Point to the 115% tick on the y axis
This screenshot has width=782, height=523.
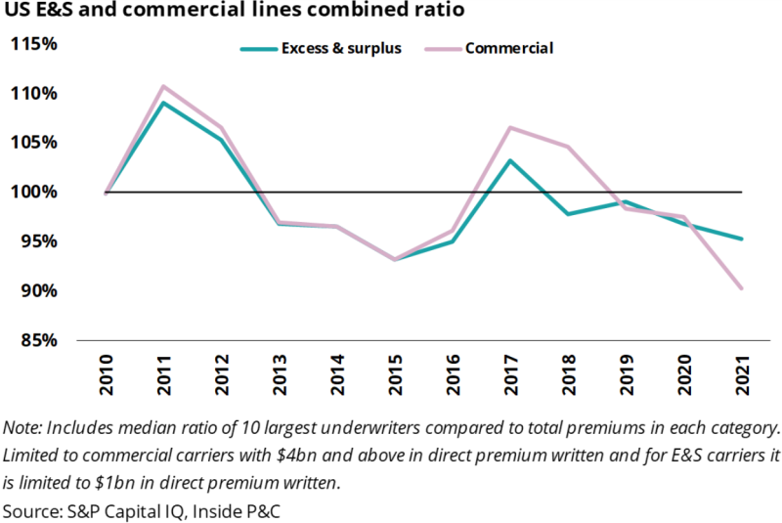point(34,44)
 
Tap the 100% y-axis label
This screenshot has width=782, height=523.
point(34,192)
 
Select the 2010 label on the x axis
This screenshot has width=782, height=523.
point(106,375)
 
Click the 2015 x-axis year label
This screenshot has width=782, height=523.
point(395,375)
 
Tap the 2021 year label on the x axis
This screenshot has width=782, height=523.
point(742,375)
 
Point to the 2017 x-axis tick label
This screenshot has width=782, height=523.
point(510,375)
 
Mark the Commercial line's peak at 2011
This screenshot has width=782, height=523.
point(163,86)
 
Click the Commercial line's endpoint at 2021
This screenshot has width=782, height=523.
point(742,288)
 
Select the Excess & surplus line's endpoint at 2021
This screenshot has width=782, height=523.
point(742,239)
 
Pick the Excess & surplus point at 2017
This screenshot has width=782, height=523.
point(510,160)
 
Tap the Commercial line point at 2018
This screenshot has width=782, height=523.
point(568,147)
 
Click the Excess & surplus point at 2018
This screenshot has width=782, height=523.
point(568,213)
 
